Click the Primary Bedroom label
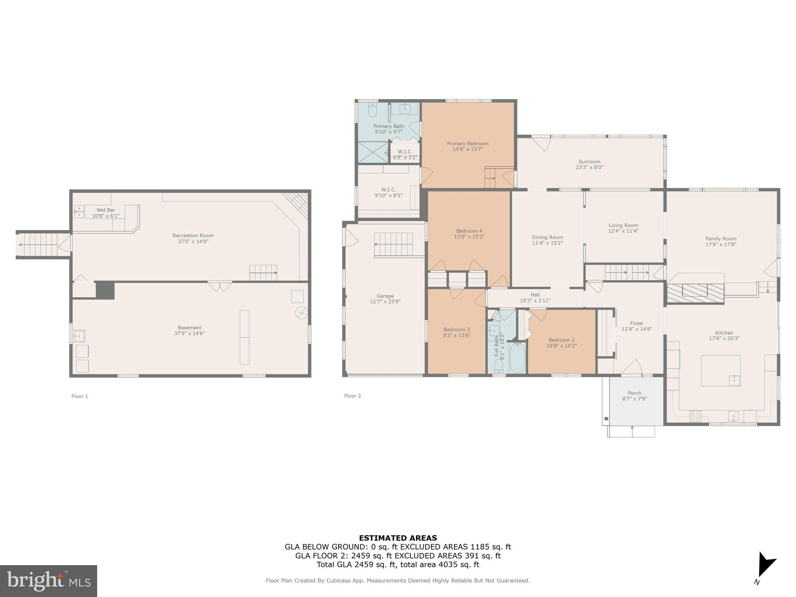point(467,143)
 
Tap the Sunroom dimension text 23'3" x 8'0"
point(589,168)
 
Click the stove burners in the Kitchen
point(695,416)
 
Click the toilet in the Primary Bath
point(372,110)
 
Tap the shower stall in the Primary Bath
point(372,152)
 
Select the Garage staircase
point(393,244)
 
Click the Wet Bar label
point(106,210)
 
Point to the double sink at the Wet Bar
point(79,211)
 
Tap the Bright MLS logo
point(49,581)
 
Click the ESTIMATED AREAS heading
point(398,538)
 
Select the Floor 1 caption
point(80,396)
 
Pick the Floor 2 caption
point(353,396)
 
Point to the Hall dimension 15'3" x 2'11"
point(535,300)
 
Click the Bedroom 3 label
point(457,330)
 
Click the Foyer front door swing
point(632,367)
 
